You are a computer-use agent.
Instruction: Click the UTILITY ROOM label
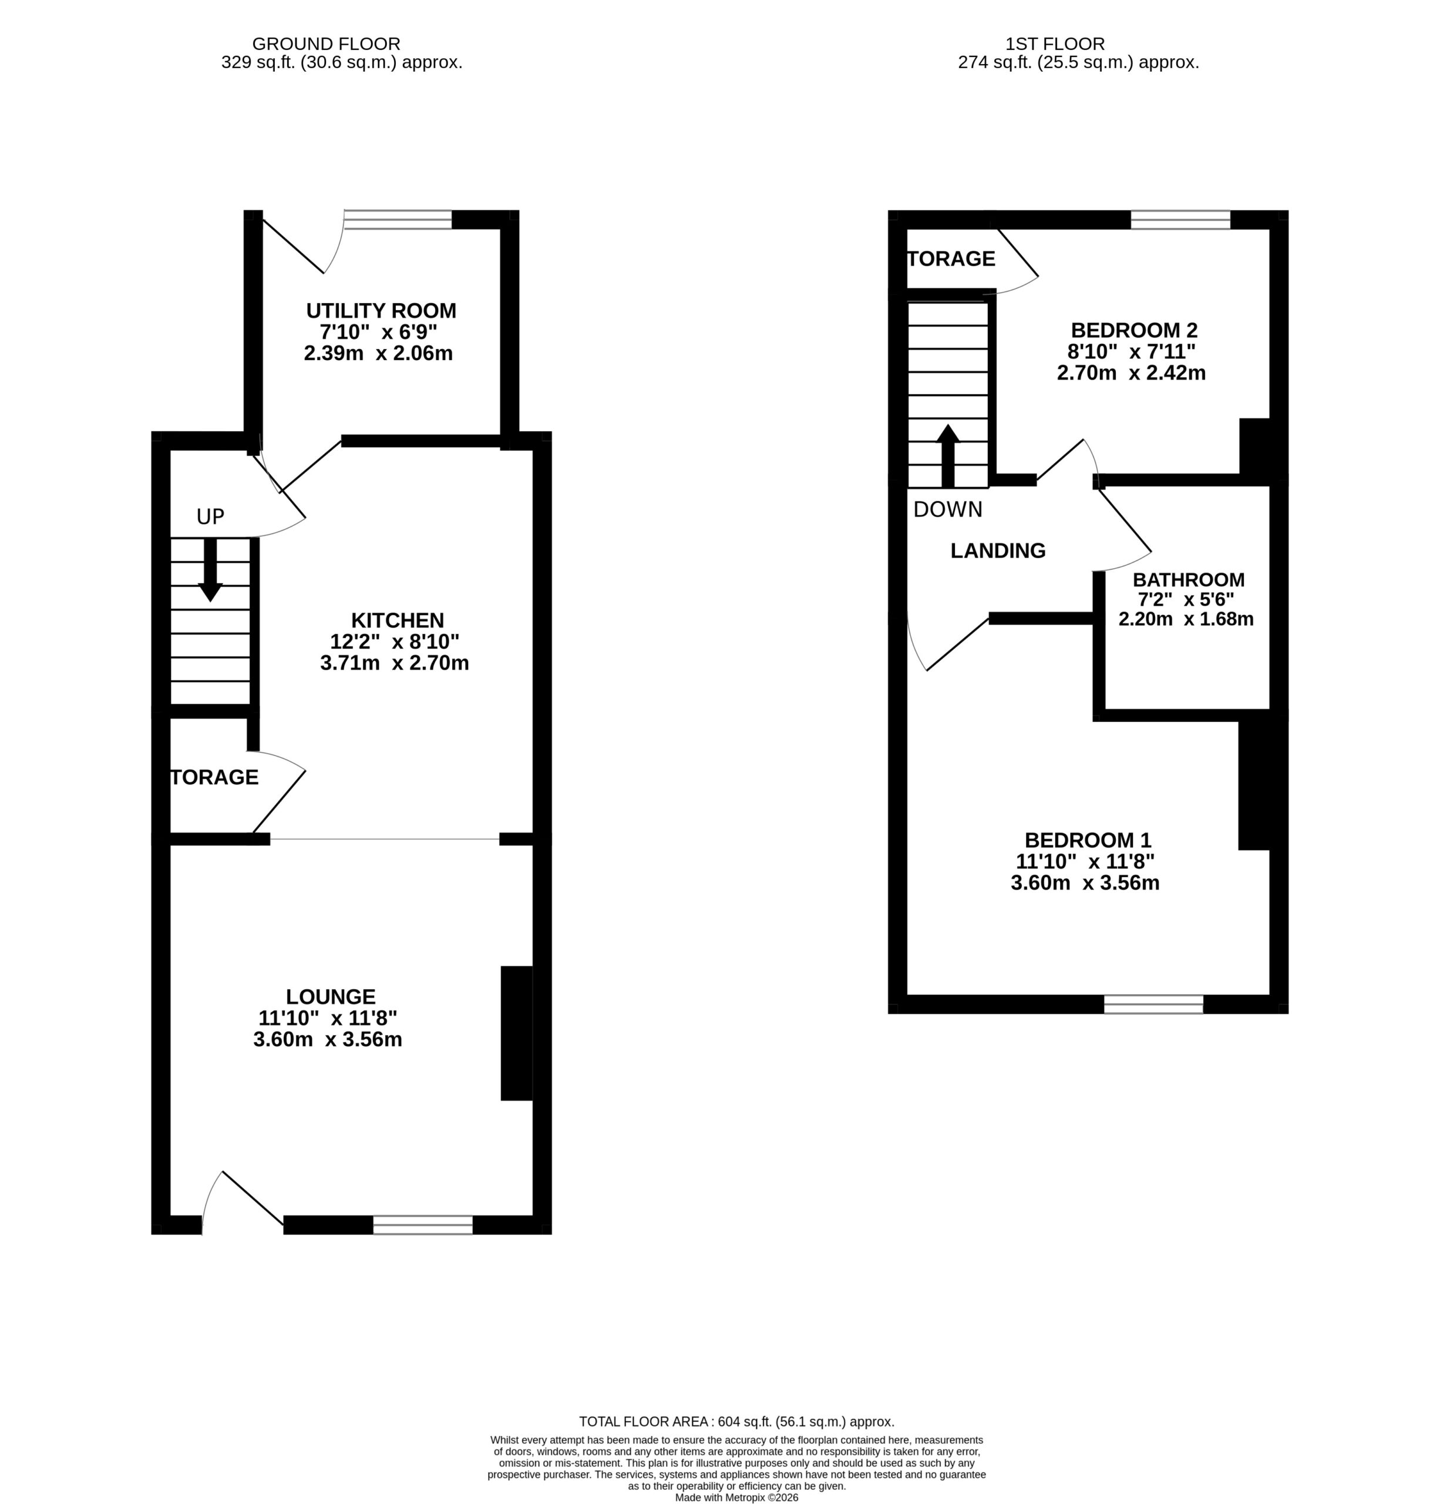point(381,311)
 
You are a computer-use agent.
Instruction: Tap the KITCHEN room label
point(398,620)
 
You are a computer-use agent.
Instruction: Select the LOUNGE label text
point(331,997)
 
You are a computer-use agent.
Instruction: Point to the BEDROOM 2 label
point(1134,331)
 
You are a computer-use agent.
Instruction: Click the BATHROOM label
point(1189,580)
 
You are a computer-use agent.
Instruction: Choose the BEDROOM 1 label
point(1087,840)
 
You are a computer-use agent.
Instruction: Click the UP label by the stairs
point(210,517)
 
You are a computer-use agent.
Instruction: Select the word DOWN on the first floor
point(947,509)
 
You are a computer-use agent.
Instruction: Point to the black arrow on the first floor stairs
point(948,456)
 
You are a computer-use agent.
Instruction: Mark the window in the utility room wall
point(398,220)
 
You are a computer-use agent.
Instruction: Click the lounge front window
point(423,1225)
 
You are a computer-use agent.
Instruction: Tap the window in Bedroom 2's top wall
point(1180,220)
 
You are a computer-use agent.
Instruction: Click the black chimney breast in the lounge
point(516,1033)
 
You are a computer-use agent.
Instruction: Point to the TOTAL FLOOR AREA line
point(736,1422)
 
